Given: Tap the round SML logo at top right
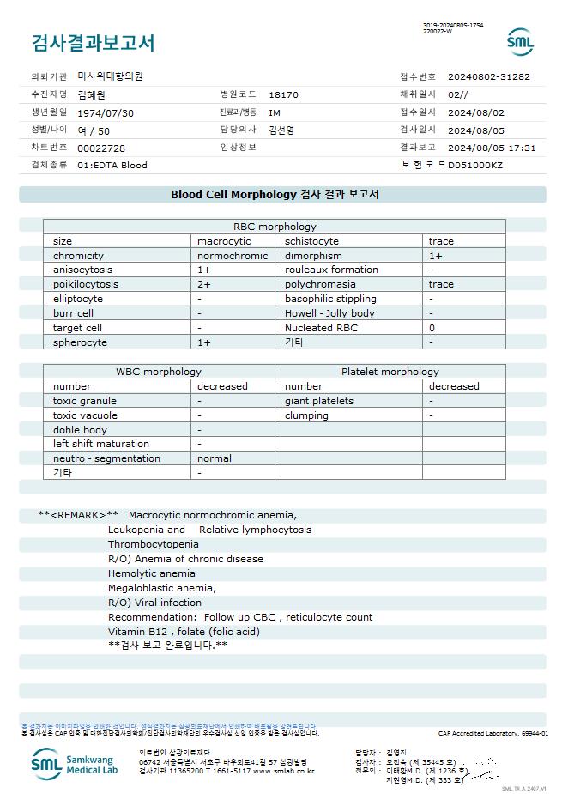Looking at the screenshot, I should click(520, 42).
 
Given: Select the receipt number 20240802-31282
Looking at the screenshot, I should click(488, 76).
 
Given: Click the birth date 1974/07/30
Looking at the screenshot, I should click(106, 112).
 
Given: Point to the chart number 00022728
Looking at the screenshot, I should click(101, 148).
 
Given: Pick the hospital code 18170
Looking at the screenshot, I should click(283, 94).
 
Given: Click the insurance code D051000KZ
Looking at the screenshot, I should click(475, 165).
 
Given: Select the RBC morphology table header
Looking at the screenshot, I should click(275, 227).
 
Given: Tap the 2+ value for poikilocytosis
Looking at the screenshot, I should click(204, 284).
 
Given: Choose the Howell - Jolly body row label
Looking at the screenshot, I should click(329, 313).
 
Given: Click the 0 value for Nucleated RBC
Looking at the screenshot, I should click(432, 328).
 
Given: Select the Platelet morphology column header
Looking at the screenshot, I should click(390, 372).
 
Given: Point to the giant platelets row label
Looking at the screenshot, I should click(318, 401).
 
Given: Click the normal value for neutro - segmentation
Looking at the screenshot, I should click(214, 458).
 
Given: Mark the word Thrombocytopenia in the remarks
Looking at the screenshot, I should click(153, 544).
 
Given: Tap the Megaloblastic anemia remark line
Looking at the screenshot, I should click(161, 588).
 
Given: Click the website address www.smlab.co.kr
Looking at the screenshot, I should click(283, 771).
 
